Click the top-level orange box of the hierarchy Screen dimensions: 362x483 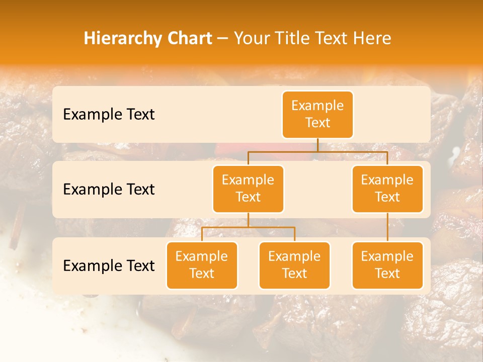click(x=317, y=114)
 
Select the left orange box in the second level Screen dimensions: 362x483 click(x=248, y=189)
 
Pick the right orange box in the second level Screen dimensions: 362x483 click(x=387, y=189)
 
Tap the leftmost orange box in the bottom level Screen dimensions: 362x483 click(x=202, y=265)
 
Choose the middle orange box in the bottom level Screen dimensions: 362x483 click(x=294, y=265)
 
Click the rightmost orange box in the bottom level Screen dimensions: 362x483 click(x=387, y=265)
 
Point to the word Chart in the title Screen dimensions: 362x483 click(x=190, y=38)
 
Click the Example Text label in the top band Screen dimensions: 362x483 click(x=109, y=115)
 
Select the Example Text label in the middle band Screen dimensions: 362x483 click(x=109, y=190)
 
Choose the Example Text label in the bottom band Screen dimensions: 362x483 click(x=109, y=266)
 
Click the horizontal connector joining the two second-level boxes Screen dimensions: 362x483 click(x=317, y=151)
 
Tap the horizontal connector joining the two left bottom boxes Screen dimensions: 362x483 click(x=248, y=227)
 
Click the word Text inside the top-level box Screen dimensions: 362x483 click(x=317, y=123)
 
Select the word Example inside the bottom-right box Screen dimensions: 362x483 click(x=387, y=256)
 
